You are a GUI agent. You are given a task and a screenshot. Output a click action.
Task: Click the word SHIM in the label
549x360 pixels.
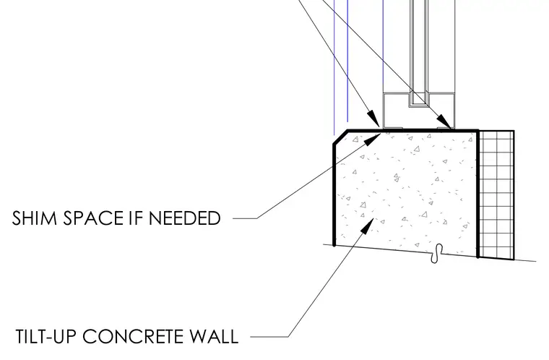coord(35,218)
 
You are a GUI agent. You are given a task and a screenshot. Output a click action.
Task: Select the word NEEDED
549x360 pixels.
coord(185,218)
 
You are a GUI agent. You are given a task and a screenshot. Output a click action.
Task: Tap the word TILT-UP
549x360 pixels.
coord(46,337)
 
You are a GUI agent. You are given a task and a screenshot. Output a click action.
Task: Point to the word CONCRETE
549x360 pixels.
coord(133,337)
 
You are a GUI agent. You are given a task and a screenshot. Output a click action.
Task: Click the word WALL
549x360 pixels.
coord(214,337)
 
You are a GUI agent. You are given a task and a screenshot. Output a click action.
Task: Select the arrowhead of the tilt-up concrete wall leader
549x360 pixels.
coord(367,226)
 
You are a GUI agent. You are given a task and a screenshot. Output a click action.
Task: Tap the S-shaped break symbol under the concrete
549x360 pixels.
coord(437,254)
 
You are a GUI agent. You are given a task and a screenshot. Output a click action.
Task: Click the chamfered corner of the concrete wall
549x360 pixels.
coord(340,137)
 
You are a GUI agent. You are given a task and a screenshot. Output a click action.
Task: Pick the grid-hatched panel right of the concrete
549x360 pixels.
coord(496,195)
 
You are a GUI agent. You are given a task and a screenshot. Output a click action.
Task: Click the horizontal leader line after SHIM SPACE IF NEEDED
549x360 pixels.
coord(245,218)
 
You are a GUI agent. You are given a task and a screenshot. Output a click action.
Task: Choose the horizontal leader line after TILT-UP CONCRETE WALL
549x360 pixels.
coord(269,337)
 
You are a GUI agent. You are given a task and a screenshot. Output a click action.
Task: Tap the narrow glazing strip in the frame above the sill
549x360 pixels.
coord(419,52)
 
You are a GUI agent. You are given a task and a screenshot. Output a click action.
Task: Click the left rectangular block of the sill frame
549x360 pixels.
coord(396,111)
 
